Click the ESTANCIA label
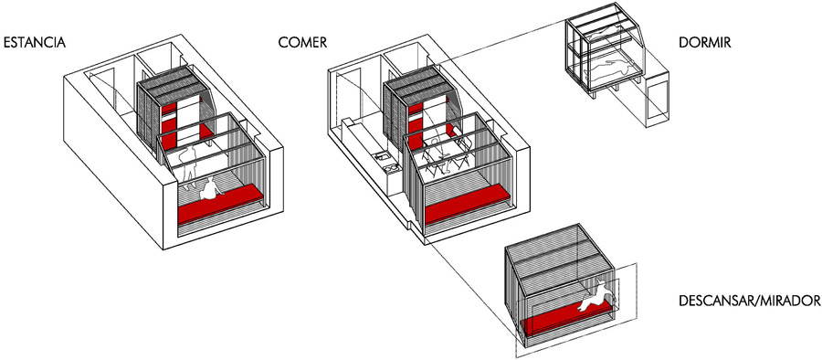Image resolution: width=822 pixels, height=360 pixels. [x=35, y=43]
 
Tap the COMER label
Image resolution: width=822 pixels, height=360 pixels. [x=302, y=43]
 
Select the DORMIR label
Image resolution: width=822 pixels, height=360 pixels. [x=704, y=43]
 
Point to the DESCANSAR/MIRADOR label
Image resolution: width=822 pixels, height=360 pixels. [x=749, y=301]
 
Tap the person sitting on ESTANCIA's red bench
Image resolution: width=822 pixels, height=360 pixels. [x=210, y=189]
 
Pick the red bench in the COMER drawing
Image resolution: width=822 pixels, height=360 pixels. [x=467, y=206]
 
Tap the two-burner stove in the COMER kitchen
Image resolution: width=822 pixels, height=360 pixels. [x=392, y=168]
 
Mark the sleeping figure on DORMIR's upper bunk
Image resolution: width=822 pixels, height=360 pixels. [x=608, y=37]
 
